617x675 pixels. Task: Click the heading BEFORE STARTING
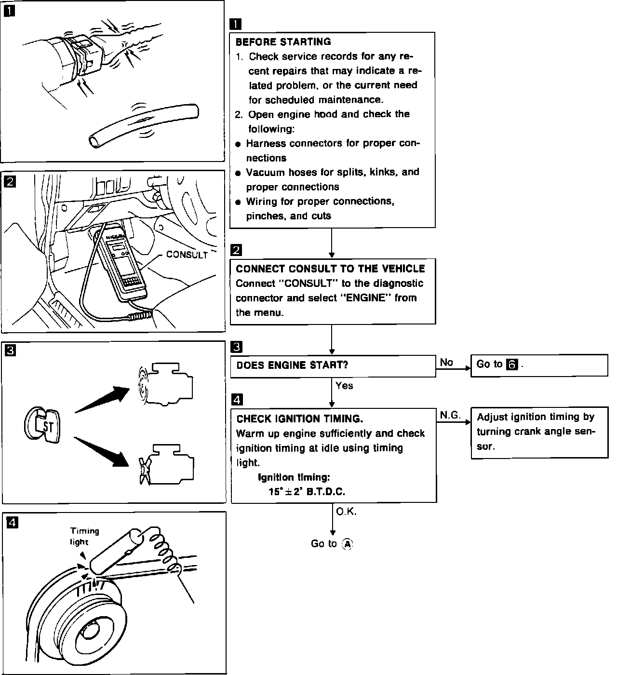pyautogui.click(x=283, y=42)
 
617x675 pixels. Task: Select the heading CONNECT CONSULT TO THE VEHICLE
pyautogui.click(x=330, y=269)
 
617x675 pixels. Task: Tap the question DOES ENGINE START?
pyautogui.click(x=292, y=365)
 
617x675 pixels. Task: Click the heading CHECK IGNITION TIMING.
pyautogui.click(x=299, y=418)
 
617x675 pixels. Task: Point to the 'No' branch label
pyautogui.click(x=446, y=363)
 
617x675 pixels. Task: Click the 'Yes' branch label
pyautogui.click(x=344, y=386)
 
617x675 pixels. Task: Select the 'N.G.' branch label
pyautogui.click(x=450, y=415)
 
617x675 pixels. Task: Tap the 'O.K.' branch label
pyautogui.click(x=346, y=512)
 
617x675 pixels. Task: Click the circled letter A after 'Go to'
pyautogui.click(x=347, y=544)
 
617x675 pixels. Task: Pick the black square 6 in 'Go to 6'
pyautogui.click(x=512, y=365)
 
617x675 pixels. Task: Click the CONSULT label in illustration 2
pyautogui.click(x=187, y=255)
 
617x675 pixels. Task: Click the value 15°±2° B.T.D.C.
pyautogui.click(x=307, y=492)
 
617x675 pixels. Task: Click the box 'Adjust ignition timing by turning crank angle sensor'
pyautogui.click(x=539, y=432)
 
